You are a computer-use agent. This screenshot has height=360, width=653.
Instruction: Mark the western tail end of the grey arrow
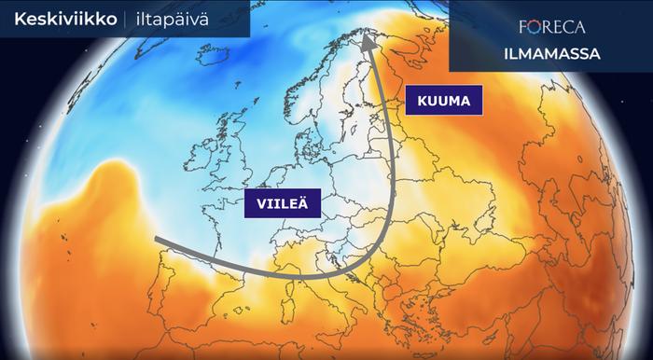[157, 240]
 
